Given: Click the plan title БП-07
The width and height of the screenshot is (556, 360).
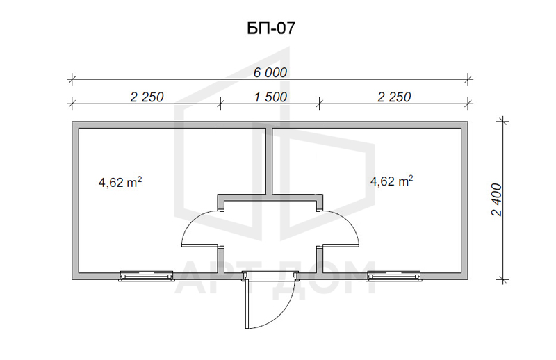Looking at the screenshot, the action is [x=270, y=28].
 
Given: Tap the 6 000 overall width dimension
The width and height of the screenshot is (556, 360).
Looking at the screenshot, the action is [x=270, y=73].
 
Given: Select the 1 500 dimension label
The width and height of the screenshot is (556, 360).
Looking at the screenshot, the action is [x=270, y=97].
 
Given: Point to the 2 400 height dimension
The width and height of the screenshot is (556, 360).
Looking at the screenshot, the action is [x=497, y=199].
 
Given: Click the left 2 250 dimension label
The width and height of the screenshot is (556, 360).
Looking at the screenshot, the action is [x=147, y=97].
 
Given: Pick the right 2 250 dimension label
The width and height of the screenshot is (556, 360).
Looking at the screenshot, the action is [x=394, y=97].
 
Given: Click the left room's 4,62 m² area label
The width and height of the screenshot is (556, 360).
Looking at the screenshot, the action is [x=120, y=182].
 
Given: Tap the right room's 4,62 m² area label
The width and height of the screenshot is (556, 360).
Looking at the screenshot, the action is [x=391, y=181].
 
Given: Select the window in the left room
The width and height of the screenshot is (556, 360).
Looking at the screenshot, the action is [x=147, y=276].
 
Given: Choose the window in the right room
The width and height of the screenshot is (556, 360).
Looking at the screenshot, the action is [x=394, y=276].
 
